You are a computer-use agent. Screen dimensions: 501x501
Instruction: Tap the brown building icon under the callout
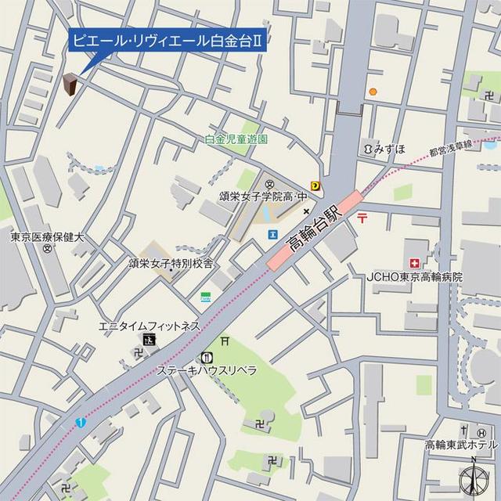pos(71,85)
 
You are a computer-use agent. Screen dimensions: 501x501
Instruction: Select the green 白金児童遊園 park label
pos(236,139)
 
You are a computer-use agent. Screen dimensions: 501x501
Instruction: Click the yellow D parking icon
pos(315,186)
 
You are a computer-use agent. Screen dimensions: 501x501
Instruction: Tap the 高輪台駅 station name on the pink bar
pos(313,232)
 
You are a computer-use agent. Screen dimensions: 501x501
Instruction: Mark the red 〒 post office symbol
pos(362,220)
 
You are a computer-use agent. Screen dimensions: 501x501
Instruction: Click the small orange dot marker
pos(373,92)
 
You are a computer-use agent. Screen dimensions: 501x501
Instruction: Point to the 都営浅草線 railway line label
pos(455,147)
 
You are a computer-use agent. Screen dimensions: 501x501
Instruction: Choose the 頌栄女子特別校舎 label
pos(171,264)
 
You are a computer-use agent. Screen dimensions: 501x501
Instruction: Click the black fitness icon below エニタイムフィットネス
pos(149,339)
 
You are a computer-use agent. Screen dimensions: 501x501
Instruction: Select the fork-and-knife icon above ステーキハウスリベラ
pos(206,356)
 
